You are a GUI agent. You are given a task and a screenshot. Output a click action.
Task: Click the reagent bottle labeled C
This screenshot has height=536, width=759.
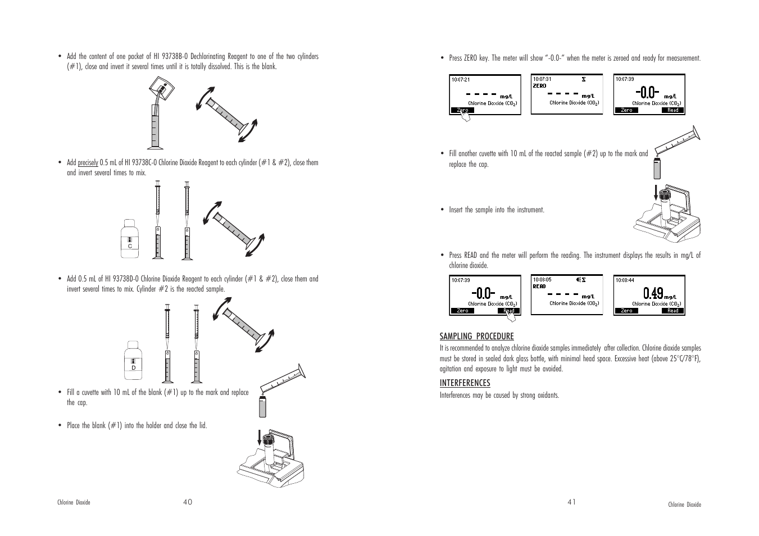click(130, 239)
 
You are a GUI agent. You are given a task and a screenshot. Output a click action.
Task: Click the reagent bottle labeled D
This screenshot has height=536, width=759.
click(133, 360)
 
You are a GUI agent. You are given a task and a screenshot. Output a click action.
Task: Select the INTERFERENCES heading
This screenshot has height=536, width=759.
click(465, 383)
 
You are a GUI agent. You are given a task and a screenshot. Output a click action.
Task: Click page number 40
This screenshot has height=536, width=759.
click(187, 502)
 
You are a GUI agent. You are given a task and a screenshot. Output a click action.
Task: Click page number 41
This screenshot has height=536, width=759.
click(571, 502)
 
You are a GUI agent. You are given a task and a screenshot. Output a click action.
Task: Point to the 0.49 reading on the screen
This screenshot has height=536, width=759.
click(653, 293)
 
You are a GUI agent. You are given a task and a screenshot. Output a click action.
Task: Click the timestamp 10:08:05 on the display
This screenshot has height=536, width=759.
click(542, 279)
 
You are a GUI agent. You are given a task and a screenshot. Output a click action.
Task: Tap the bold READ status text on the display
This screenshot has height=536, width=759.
click(539, 286)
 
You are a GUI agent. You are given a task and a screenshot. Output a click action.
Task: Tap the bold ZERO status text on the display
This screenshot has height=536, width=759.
click(539, 86)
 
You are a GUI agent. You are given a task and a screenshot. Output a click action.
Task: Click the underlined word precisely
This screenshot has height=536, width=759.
click(88, 163)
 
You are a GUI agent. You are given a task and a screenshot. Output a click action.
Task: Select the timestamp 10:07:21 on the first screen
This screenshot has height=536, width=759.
click(461, 79)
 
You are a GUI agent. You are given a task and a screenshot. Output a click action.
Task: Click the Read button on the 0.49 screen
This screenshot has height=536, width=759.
click(672, 311)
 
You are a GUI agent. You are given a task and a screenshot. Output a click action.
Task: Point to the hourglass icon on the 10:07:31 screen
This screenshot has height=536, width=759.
click(584, 79)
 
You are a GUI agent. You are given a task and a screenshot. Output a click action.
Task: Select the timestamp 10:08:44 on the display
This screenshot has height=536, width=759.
click(625, 280)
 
